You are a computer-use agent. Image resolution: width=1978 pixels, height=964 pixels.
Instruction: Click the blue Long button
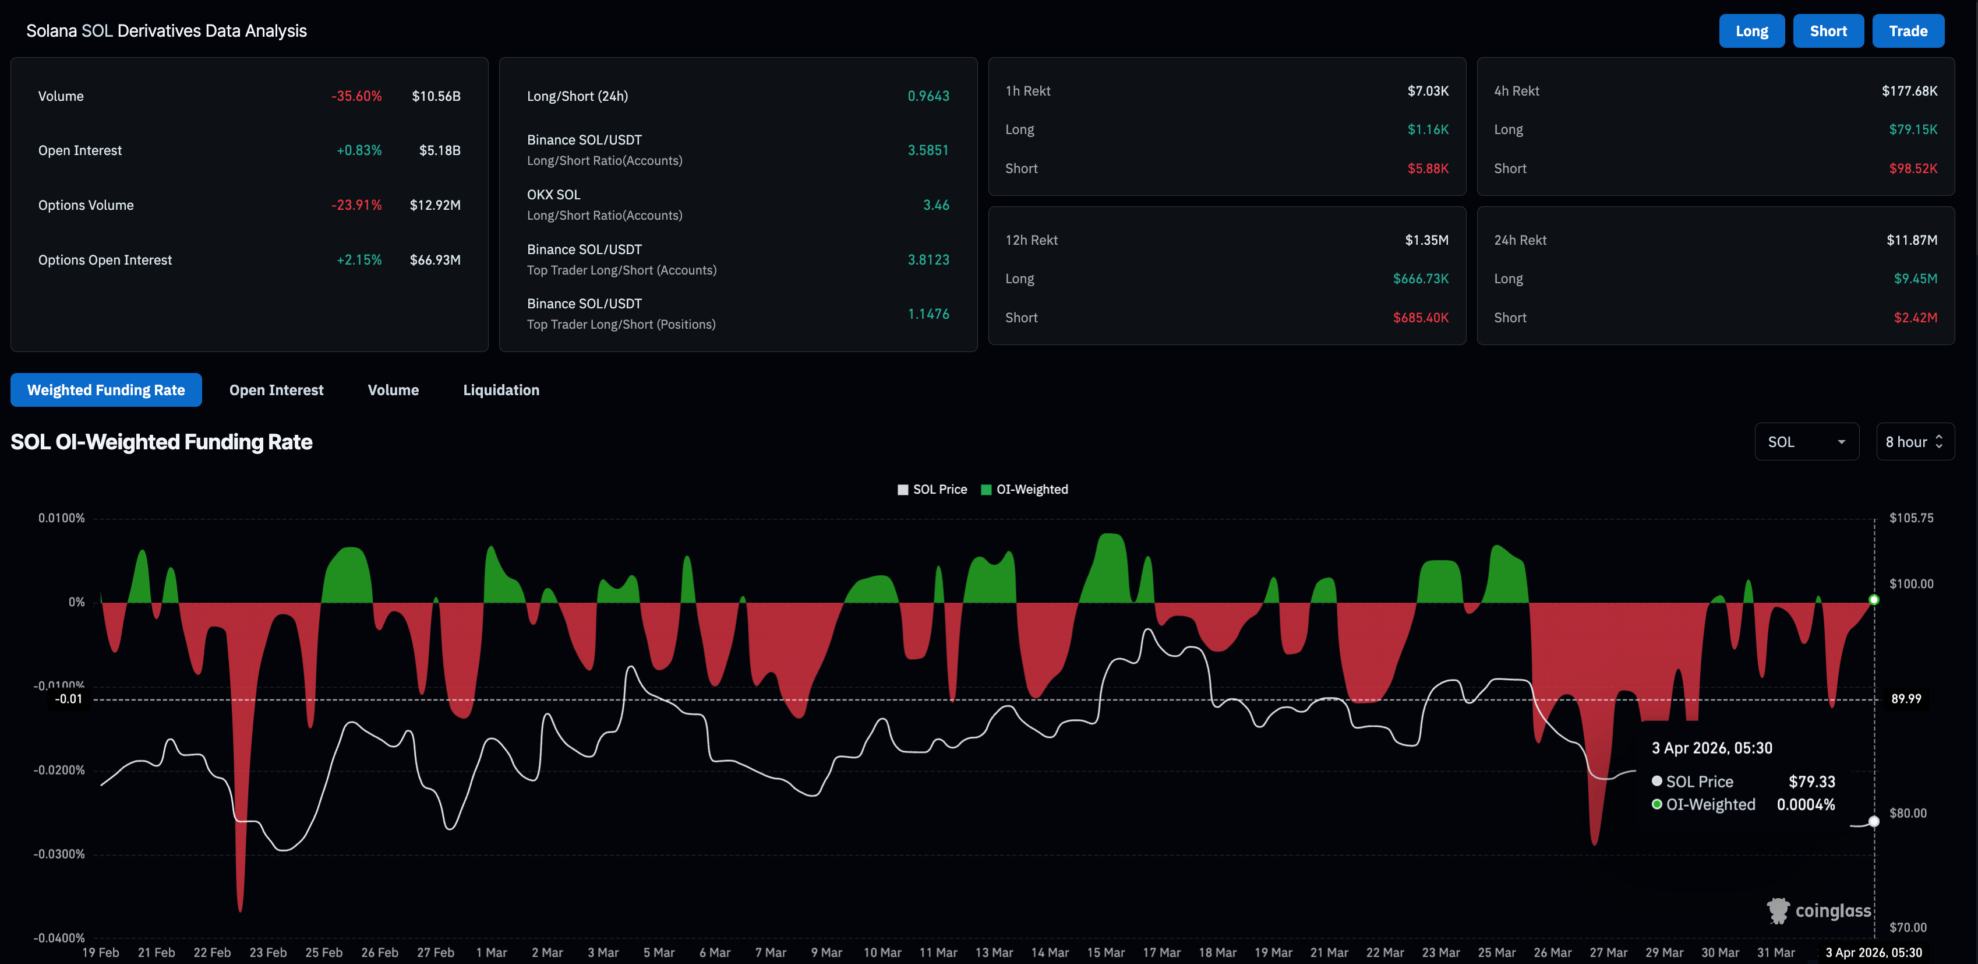click(1751, 31)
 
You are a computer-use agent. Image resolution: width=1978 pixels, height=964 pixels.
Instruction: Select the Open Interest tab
click(277, 390)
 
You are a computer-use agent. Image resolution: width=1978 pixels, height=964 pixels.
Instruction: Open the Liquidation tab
click(501, 390)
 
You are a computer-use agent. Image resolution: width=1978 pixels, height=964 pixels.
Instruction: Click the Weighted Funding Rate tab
click(106, 390)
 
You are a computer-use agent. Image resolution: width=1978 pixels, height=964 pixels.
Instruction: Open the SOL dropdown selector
click(1806, 442)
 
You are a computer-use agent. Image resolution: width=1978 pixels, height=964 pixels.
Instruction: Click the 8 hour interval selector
click(1915, 442)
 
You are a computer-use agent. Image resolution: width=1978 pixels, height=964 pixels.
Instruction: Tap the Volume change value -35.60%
click(356, 96)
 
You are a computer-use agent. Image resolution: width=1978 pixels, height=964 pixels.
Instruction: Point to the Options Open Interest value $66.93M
click(435, 259)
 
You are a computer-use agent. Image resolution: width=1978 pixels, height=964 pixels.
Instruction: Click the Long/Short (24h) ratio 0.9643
click(928, 96)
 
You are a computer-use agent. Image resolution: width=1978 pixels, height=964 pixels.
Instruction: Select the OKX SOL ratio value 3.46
click(935, 205)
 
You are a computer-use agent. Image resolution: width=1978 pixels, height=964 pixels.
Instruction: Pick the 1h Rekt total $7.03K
click(1428, 91)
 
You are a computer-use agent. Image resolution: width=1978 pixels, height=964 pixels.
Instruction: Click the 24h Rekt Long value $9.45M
click(1915, 279)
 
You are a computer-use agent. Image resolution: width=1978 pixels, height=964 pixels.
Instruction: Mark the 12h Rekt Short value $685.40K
click(1420, 317)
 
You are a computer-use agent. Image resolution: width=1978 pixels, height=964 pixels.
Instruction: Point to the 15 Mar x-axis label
click(1105, 952)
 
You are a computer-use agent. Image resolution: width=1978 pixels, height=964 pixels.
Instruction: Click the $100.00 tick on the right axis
click(1910, 584)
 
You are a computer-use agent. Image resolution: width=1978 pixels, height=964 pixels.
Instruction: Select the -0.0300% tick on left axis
click(59, 854)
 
